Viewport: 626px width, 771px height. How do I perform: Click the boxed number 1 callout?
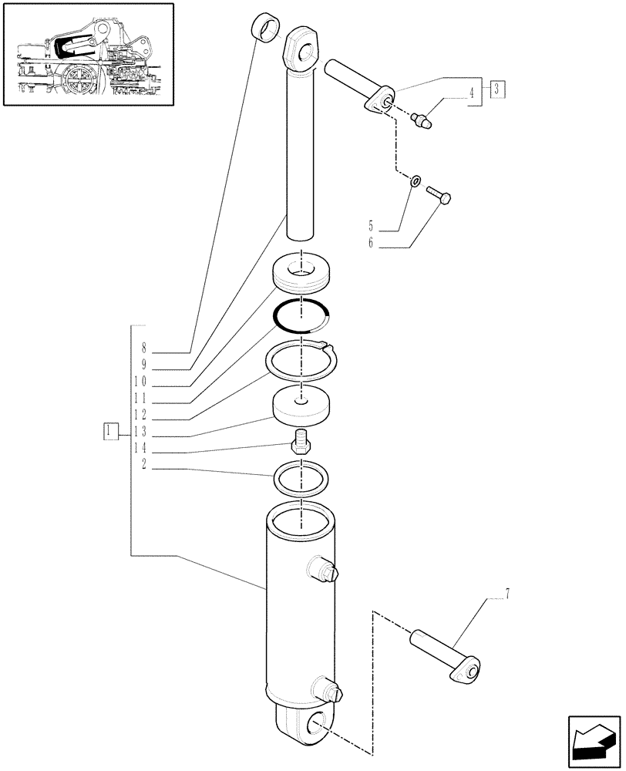(x=112, y=431)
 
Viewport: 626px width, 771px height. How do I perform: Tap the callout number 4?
(x=470, y=96)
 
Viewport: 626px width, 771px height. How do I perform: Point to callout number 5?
(x=371, y=227)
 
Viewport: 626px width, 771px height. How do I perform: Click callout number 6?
(x=371, y=244)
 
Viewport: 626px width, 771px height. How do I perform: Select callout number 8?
(x=143, y=348)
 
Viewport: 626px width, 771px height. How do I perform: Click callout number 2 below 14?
(x=143, y=465)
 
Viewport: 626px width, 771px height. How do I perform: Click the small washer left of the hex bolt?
(x=416, y=182)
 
